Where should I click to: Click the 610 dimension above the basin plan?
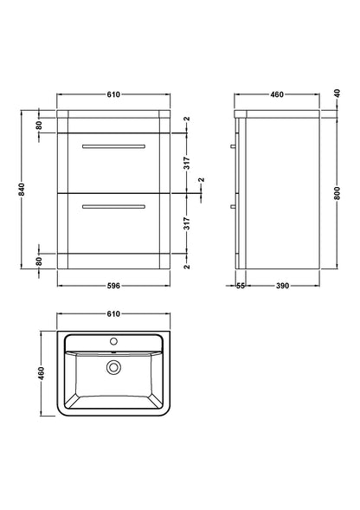(x=112, y=315)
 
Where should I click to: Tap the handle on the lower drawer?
(x=112, y=207)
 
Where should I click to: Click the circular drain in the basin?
(x=112, y=368)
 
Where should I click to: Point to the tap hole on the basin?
(x=112, y=342)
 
